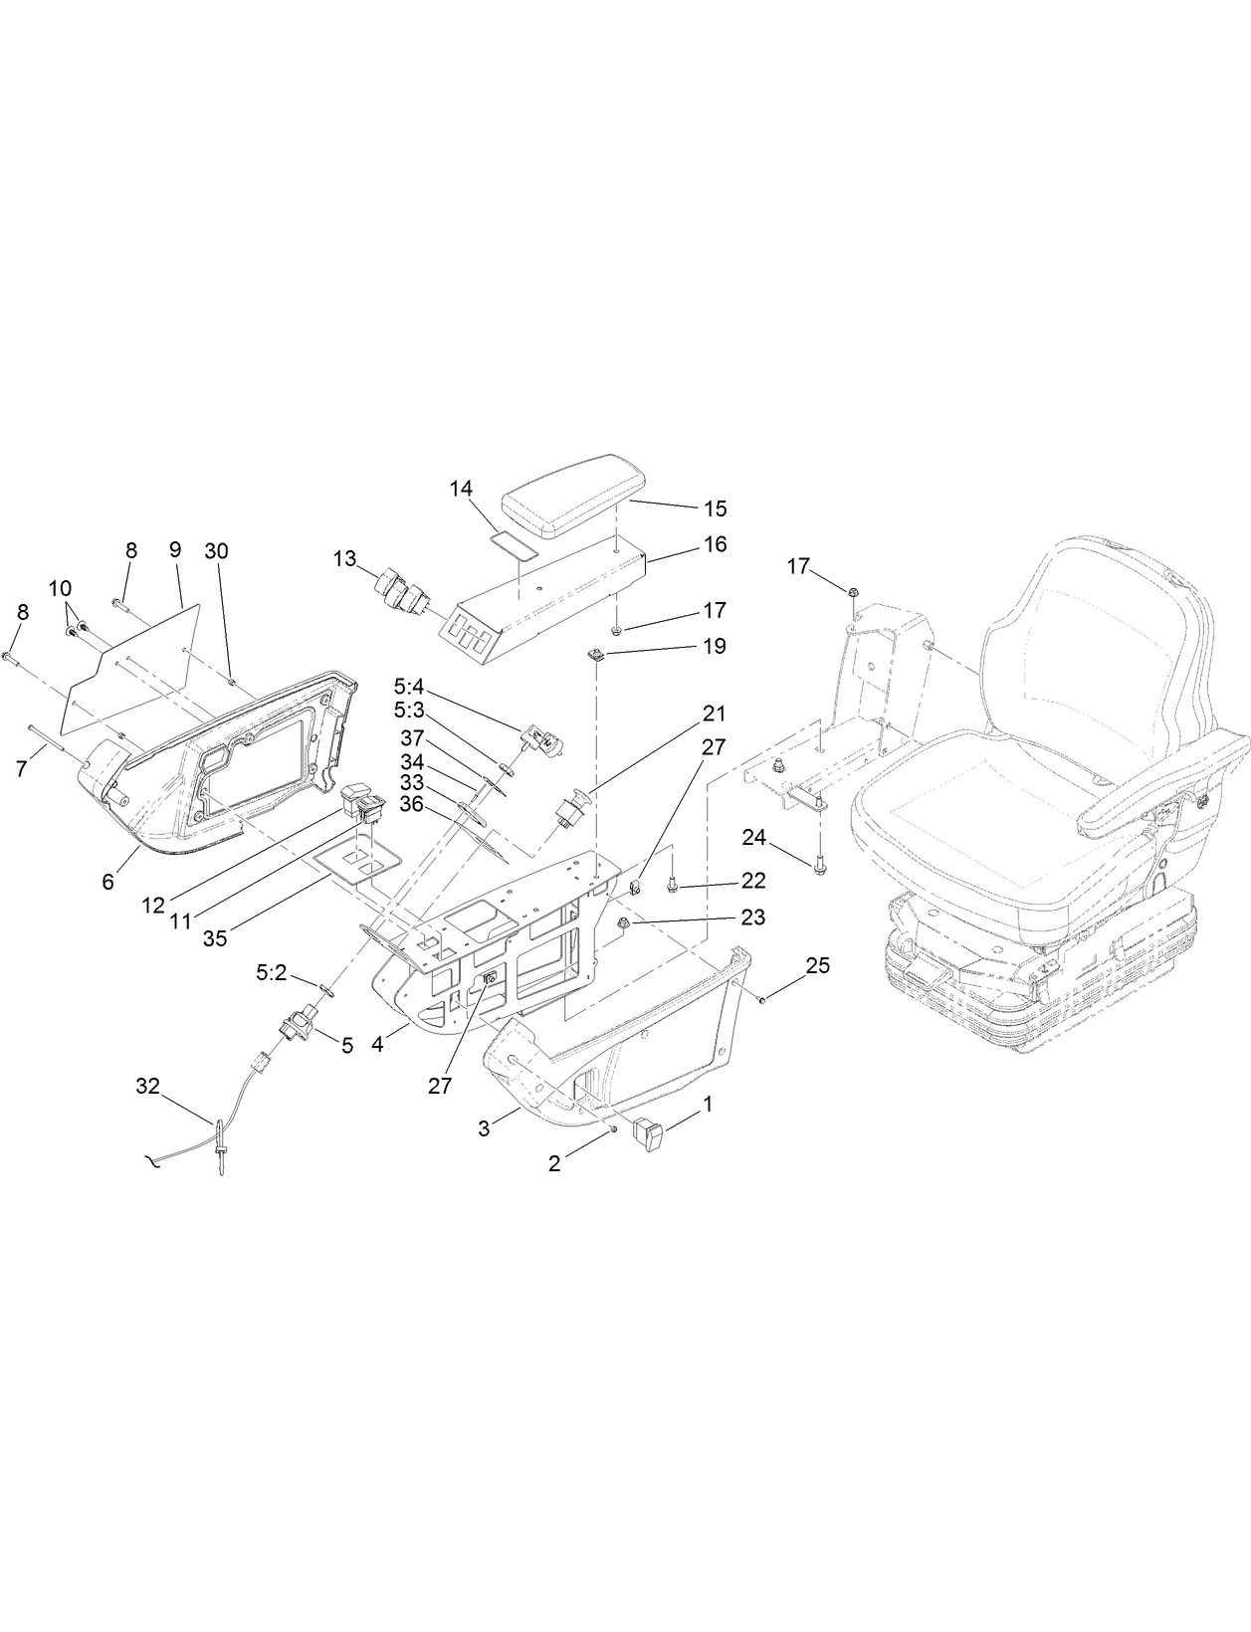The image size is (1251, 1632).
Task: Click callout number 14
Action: pos(461,489)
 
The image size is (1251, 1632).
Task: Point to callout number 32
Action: pos(147,1088)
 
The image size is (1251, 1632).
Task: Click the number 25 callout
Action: pos(817,966)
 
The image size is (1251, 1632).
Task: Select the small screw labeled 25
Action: pos(761,999)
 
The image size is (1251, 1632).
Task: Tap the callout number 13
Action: pos(344,559)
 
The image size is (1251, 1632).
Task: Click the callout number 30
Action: pos(216,550)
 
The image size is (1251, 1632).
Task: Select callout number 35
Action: pos(216,938)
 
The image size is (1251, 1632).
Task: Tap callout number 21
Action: pos(714,714)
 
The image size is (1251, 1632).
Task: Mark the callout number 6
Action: pos(108,882)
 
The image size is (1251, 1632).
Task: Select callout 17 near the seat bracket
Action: pos(799,566)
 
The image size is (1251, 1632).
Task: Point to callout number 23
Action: pos(752,918)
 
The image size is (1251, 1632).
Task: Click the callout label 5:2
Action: pos(272,973)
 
